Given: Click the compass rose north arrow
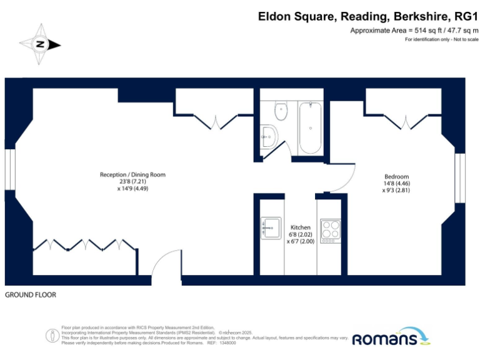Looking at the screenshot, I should [x=40, y=44].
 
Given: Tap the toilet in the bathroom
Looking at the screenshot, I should [x=281, y=111].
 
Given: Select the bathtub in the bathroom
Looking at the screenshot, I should [x=311, y=127].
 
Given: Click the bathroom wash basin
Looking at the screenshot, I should [x=269, y=136].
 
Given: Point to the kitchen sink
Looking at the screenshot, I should [x=271, y=227].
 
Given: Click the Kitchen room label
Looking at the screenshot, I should [x=301, y=227].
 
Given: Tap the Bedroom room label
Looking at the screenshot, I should [x=397, y=176].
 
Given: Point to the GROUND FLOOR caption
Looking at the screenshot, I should [x=31, y=294].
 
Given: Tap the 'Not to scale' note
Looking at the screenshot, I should [x=463, y=39].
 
